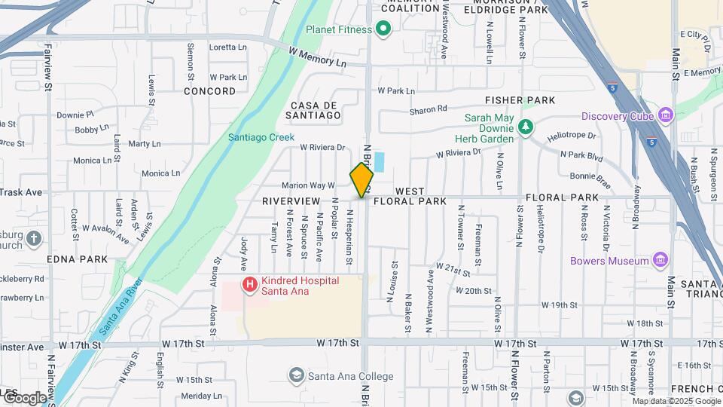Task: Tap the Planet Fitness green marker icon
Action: [x=383, y=29]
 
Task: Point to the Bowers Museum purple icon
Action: [x=660, y=261]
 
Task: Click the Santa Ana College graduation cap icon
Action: [x=297, y=376]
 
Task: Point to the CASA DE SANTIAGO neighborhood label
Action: [x=313, y=110]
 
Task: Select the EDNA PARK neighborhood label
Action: [x=76, y=259]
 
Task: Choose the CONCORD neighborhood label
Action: [x=210, y=91]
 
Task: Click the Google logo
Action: [x=24, y=397]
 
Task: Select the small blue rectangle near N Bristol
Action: [x=379, y=161]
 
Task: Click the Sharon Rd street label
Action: [x=429, y=110]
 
